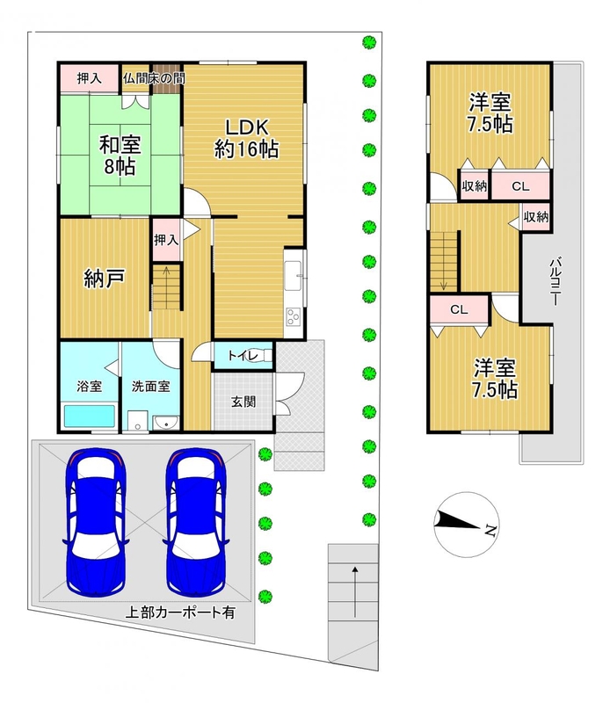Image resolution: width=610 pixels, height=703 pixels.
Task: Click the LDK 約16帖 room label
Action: coord(246,139)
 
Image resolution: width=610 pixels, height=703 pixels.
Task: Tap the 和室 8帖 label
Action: coord(120,156)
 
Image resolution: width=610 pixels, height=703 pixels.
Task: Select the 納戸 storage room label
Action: coord(104,278)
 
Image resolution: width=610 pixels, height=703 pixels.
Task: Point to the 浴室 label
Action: coord(90,386)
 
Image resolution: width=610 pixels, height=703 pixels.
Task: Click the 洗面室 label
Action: coord(150,386)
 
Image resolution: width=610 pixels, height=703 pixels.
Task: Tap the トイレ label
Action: coord(243,356)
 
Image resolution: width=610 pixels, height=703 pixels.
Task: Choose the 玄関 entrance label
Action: coord(243,402)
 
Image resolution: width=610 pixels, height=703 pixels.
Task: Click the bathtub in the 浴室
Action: coord(90,416)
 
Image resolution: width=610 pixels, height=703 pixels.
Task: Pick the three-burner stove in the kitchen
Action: coord(294,317)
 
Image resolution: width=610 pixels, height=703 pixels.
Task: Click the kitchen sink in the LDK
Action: coord(294,275)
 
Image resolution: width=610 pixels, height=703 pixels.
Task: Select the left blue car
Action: coord(96,522)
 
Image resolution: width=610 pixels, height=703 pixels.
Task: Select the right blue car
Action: coord(195,522)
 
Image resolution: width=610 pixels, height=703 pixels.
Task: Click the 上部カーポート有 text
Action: coord(180,612)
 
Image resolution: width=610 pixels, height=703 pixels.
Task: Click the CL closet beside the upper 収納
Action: coord(520,185)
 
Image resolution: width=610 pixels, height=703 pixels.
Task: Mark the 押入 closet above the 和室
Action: coord(90,79)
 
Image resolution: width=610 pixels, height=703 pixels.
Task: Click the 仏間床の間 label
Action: coord(154,78)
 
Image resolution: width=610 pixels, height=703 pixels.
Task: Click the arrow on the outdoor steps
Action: coord(355,591)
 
